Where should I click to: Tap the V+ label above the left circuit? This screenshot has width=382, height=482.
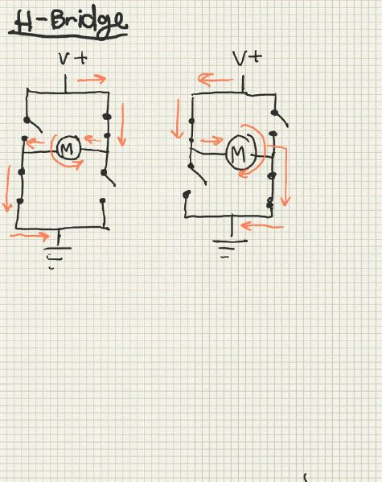point(73,59)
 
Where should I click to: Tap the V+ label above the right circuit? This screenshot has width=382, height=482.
point(247,58)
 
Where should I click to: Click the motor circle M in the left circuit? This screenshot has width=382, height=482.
point(68,148)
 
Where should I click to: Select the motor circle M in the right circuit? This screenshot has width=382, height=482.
point(241,152)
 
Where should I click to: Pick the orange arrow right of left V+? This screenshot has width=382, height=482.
point(92,79)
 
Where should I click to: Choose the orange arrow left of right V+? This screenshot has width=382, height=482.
point(216,80)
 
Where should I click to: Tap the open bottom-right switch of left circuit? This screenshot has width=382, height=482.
point(109,179)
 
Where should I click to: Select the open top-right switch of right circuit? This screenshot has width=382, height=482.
point(281,118)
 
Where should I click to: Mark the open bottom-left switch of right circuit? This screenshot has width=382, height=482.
point(198,175)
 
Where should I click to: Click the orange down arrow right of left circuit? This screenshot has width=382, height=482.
point(122,125)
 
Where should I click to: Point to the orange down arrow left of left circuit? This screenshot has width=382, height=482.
point(7,189)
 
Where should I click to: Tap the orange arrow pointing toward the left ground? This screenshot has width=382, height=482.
point(30,236)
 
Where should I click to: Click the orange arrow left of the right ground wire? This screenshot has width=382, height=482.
point(262,227)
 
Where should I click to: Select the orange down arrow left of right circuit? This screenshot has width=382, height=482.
point(177,119)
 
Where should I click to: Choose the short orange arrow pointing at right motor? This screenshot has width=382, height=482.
point(212,141)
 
